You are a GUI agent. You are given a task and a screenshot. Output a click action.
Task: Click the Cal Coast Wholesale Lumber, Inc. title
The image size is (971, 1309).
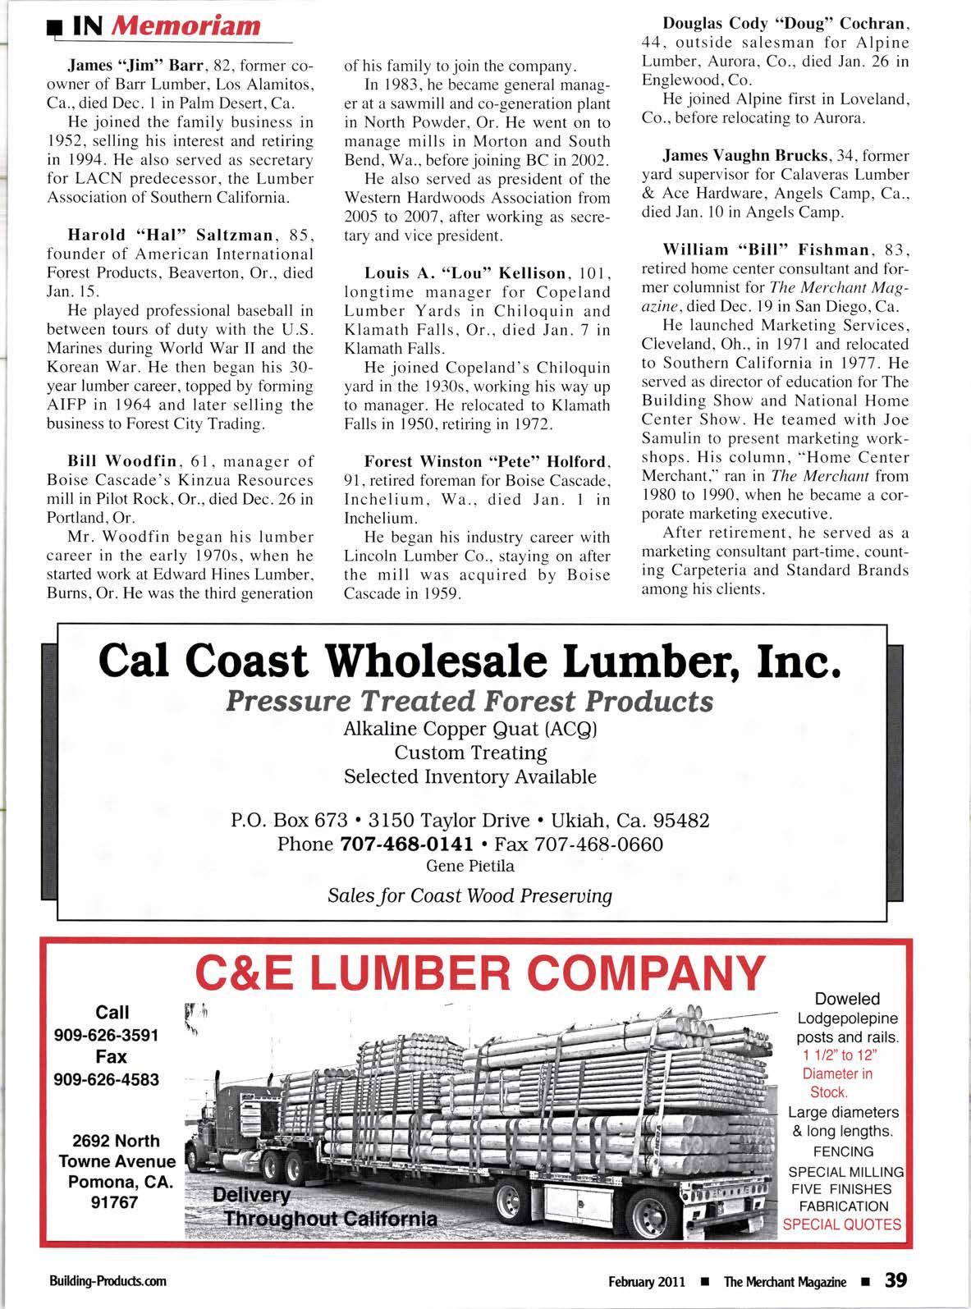(469, 662)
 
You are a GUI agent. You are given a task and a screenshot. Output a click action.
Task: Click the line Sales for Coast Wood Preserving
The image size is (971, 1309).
(469, 895)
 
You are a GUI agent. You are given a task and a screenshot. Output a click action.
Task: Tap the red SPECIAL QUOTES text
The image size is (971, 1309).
(843, 1225)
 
